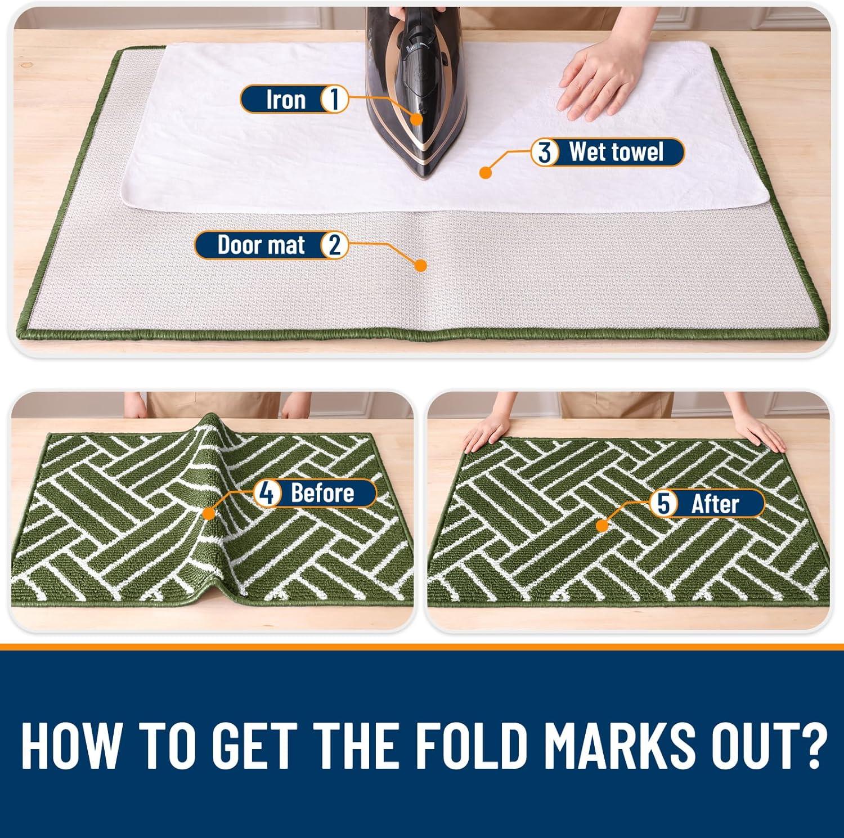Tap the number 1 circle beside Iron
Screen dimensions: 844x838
click(x=334, y=100)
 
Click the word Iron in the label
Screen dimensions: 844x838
click(x=286, y=100)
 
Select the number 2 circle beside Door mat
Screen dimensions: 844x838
click(x=334, y=245)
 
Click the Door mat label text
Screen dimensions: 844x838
click(x=261, y=245)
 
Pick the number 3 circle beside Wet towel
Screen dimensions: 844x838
click(x=545, y=153)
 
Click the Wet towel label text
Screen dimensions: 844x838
click(x=616, y=153)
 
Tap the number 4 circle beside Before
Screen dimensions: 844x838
click(x=267, y=493)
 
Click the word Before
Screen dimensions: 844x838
click(x=322, y=493)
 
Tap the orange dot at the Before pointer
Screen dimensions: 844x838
click(x=209, y=513)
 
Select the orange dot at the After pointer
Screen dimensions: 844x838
click(x=603, y=526)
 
